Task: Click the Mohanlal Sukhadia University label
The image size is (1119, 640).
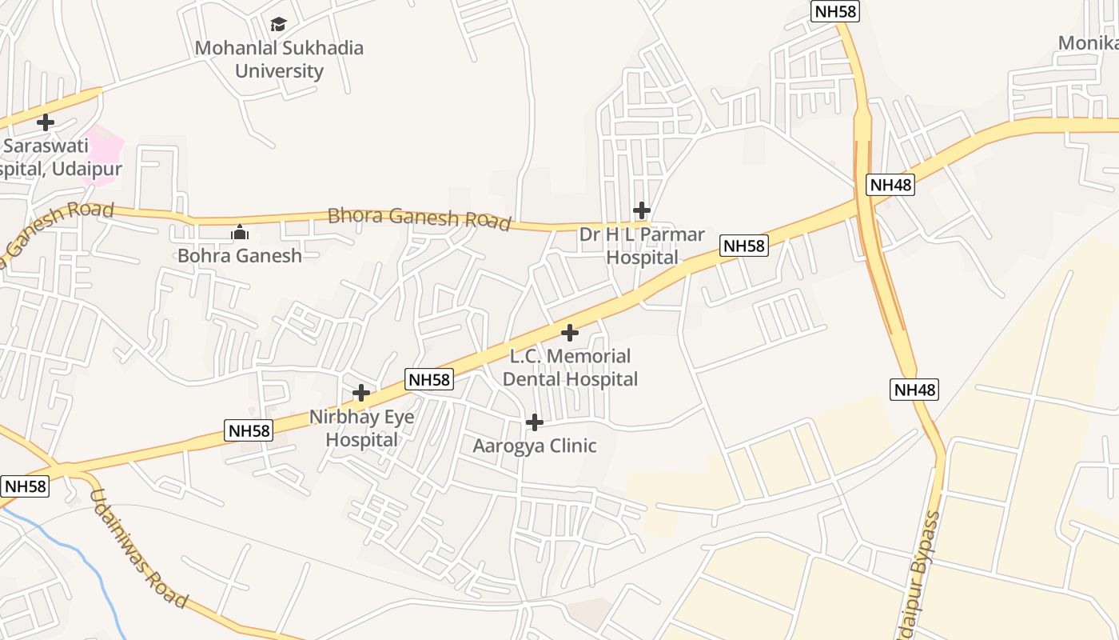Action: coord(279,59)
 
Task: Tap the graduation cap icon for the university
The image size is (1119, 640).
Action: coord(278,25)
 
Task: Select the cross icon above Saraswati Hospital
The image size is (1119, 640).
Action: coord(46,122)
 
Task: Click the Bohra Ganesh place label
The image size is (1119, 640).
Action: coord(240,256)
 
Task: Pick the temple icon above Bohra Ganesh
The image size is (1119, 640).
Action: coord(240,233)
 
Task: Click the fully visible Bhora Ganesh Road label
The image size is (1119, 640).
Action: coord(420,218)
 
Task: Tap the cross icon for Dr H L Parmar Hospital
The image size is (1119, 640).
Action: coord(641,210)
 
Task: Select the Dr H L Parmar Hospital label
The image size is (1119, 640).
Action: coord(643,246)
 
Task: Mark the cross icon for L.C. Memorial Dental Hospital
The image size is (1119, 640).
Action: coord(569,332)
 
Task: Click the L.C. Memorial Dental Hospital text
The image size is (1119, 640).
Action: coord(570,367)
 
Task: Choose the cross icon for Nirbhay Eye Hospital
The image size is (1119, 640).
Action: coord(361,393)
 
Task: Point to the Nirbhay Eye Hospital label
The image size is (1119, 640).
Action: coord(362,428)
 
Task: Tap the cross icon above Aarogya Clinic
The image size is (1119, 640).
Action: coord(535,422)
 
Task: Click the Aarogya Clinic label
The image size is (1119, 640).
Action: coord(535,446)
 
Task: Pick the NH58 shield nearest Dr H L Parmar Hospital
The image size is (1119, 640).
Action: coord(744,246)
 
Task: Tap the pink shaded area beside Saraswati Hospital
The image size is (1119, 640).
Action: coord(105,152)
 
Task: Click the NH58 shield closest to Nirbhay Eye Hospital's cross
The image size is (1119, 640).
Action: coord(429,380)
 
